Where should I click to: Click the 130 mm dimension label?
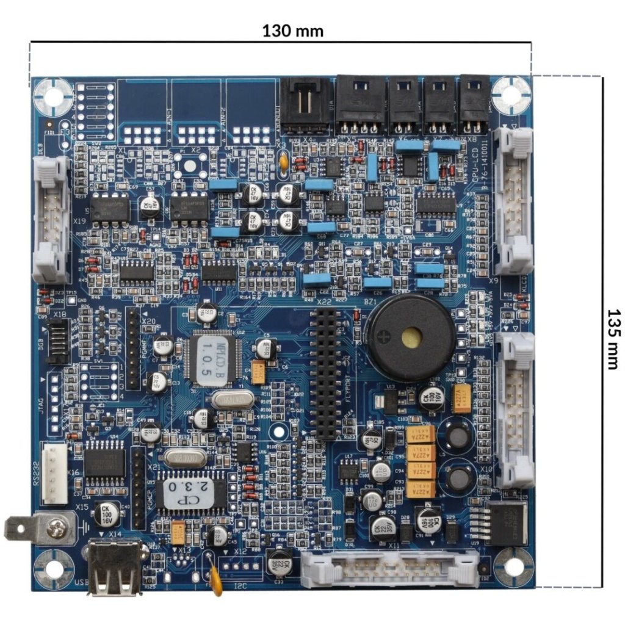[293, 31]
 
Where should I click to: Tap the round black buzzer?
[410, 337]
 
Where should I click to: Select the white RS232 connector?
[55, 472]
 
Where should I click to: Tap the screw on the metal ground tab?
[57, 528]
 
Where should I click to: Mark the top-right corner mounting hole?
[511, 95]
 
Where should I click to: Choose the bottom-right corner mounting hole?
[513, 566]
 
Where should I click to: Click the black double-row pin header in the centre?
[325, 374]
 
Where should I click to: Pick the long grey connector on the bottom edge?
[390, 568]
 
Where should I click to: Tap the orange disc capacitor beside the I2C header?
[215, 579]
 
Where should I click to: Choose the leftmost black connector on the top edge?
[305, 107]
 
